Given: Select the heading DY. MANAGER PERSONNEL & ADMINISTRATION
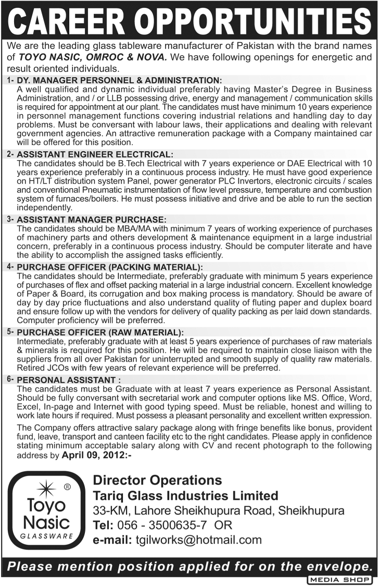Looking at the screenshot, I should point(119,80).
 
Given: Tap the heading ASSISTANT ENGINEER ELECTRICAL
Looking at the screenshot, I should point(94,155).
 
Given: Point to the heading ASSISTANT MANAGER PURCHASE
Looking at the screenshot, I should point(92,219).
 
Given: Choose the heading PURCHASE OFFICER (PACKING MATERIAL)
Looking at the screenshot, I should point(110,267).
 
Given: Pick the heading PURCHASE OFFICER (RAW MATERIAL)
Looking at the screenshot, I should point(100,332).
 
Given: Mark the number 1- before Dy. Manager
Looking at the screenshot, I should point(10,80).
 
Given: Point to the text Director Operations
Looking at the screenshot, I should point(157,480).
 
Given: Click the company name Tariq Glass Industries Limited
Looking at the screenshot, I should point(185,495).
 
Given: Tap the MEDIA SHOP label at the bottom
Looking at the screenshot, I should point(340,580).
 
